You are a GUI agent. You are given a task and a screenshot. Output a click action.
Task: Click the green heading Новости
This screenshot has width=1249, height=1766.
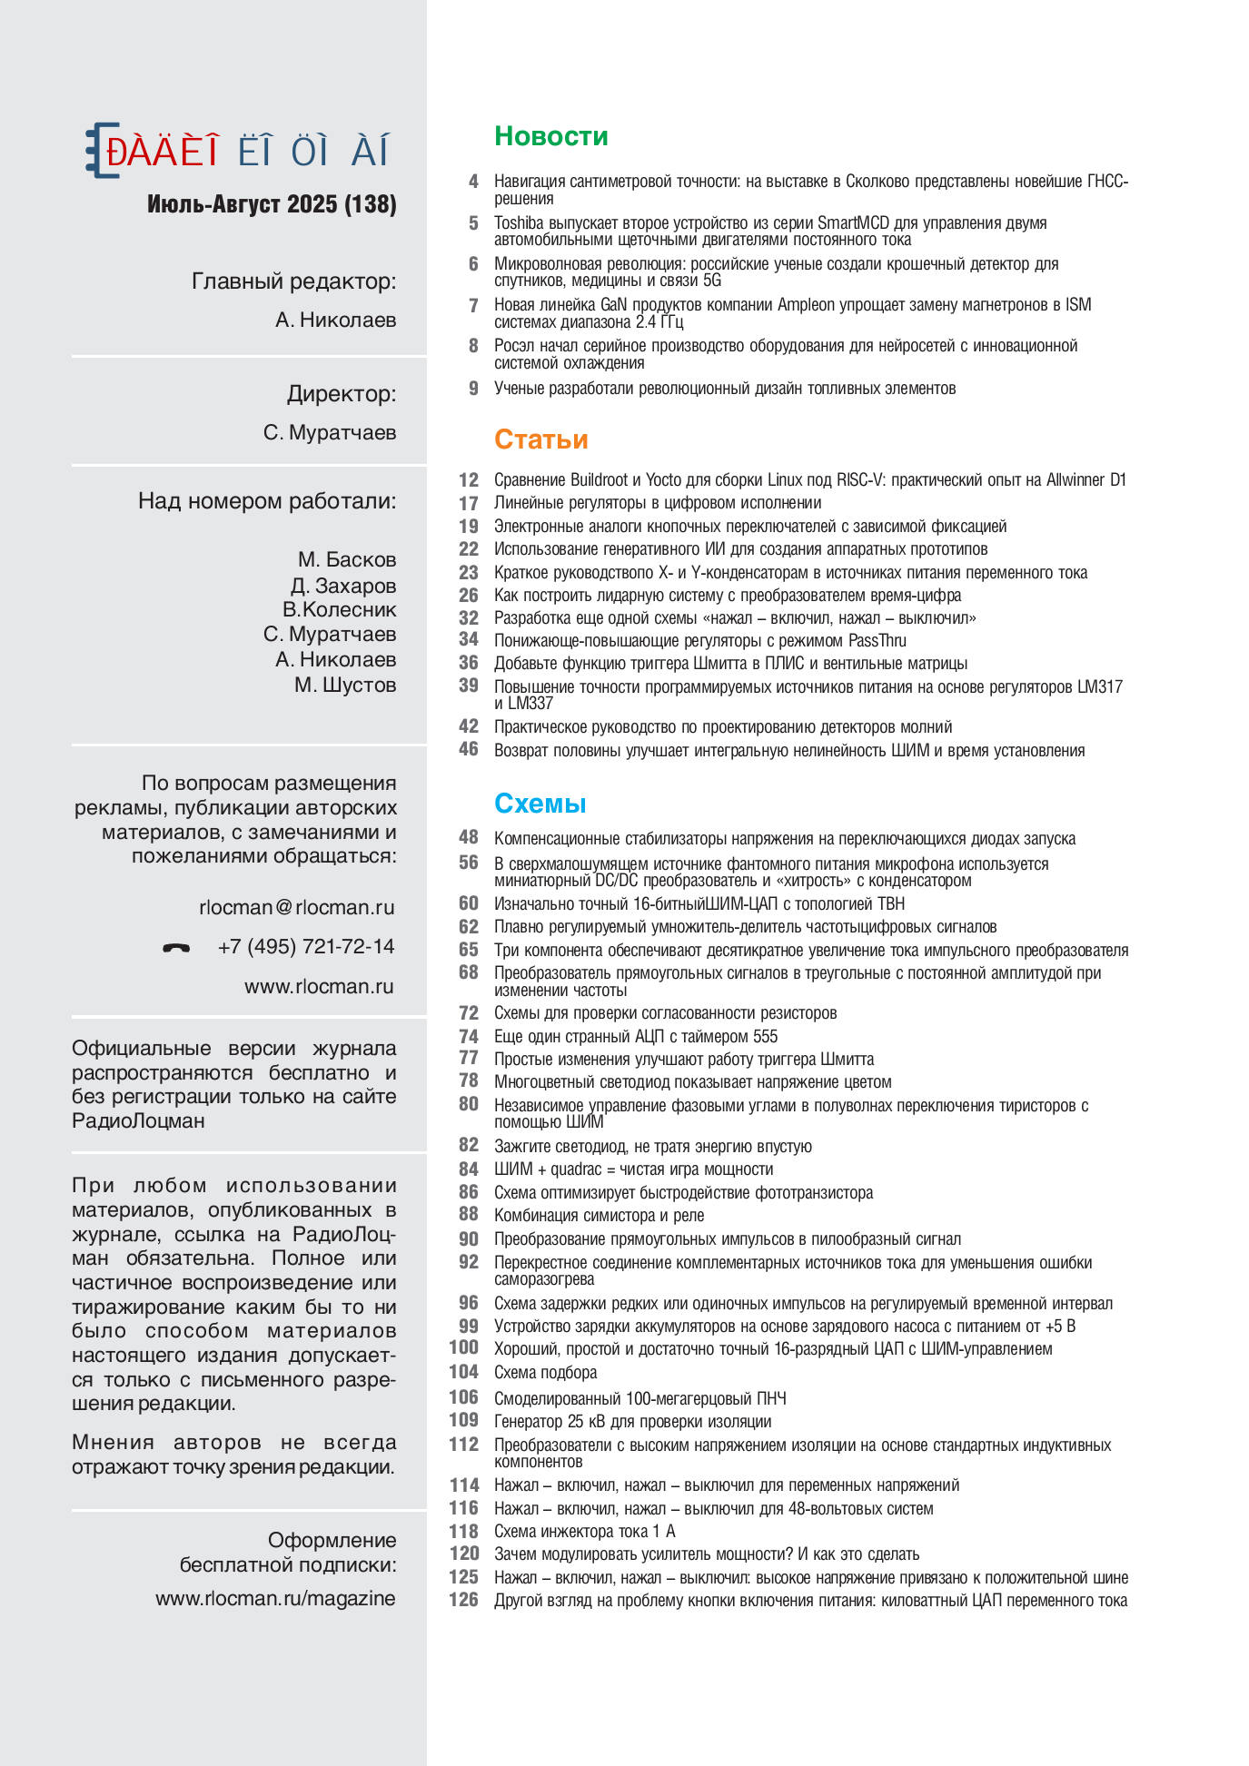tap(550, 136)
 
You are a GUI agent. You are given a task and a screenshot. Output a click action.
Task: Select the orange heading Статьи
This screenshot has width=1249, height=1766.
tap(540, 439)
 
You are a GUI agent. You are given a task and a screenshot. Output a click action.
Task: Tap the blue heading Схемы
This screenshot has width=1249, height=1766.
tap(540, 804)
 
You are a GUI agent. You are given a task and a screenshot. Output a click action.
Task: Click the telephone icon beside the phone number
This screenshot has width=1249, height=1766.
tap(176, 948)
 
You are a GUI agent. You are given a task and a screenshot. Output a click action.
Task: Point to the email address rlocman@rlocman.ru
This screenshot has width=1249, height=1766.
tap(296, 907)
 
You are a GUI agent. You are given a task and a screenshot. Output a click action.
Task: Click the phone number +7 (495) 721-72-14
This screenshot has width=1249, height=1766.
tap(306, 947)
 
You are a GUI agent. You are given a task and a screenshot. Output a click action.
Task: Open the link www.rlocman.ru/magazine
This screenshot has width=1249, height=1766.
tap(275, 1598)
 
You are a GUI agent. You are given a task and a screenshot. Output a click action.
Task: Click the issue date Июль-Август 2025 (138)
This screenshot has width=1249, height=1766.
tap(272, 204)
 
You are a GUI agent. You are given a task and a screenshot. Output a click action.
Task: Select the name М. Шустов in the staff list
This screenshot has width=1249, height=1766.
tap(345, 685)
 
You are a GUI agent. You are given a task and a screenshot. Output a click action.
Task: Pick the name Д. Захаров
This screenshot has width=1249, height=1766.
tap(343, 586)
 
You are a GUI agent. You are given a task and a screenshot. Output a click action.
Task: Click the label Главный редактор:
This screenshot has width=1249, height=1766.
tap(293, 281)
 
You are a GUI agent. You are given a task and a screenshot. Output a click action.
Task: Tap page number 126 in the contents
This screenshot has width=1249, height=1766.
tap(463, 1600)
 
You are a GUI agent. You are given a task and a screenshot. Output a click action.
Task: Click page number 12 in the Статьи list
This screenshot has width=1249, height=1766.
tap(468, 479)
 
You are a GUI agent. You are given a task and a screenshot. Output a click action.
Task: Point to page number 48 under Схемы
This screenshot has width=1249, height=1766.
tap(468, 838)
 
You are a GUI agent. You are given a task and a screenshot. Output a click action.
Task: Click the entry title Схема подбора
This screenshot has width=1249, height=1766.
tap(545, 1373)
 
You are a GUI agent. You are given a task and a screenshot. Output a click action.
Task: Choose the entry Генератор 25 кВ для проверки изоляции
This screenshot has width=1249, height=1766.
tap(632, 1422)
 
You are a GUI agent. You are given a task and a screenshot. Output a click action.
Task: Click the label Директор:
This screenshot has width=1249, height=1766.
tap(342, 394)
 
